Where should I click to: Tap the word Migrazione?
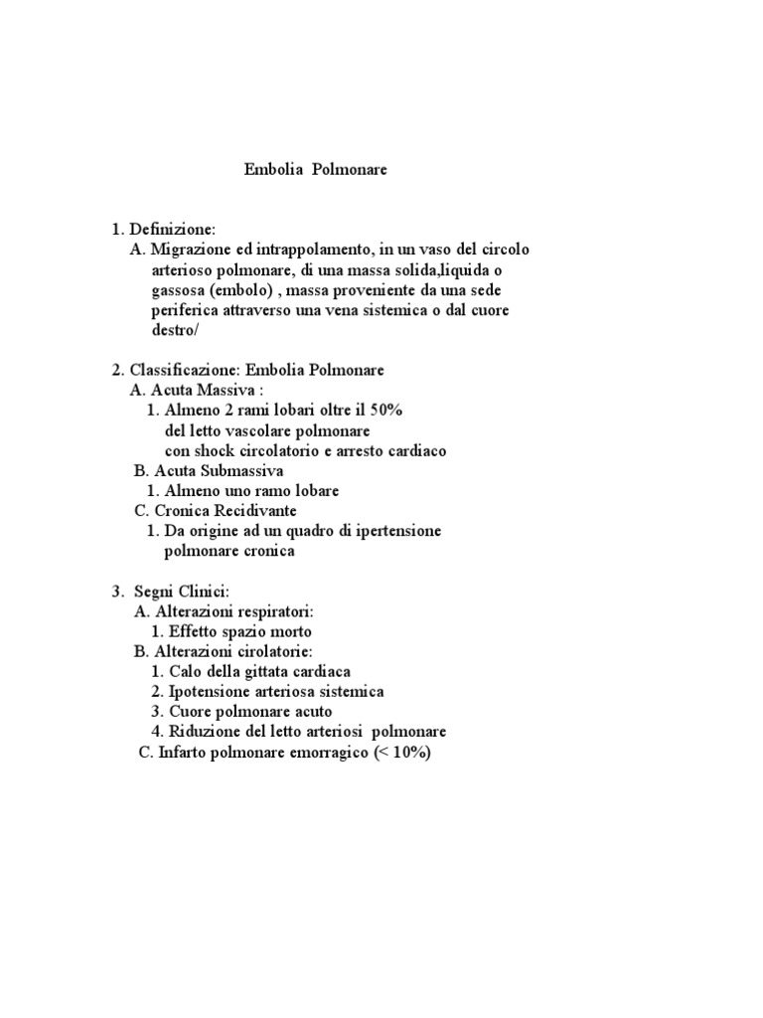(x=193, y=250)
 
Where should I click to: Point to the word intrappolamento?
(x=312, y=250)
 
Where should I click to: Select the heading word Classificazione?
(x=185, y=370)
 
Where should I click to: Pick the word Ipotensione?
(x=212, y=692)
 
